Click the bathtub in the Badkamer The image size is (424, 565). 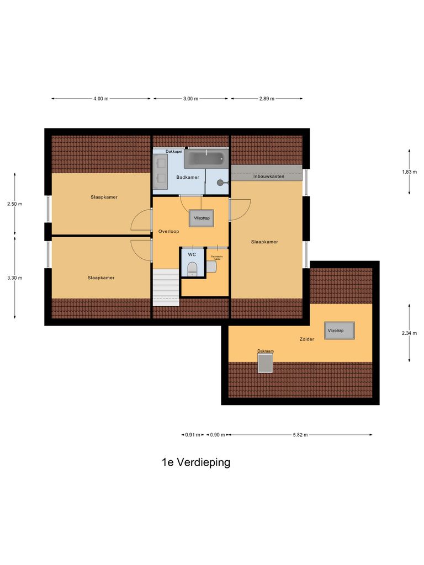[x=206, y=159]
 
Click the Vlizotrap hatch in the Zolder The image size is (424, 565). [x=336, y=331]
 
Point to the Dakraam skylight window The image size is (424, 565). [x=266, y=363]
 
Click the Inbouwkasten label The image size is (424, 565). [x=269, y=176]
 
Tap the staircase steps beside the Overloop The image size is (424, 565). [x=166, y=287]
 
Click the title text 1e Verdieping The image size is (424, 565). [x=196, y=462]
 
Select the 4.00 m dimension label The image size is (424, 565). [x=100, y=99]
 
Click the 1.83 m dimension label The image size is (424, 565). [x=410, y=172]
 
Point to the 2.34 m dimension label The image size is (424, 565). [x=410, y=333]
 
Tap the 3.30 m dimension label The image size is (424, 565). [x=15, y=278]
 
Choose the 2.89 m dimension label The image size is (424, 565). [x=267, y=99]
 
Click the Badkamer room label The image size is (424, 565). [x=187, y=177]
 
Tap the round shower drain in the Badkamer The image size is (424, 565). [x=220, y=182]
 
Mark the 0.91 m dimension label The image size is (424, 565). [x=192, y=435]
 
